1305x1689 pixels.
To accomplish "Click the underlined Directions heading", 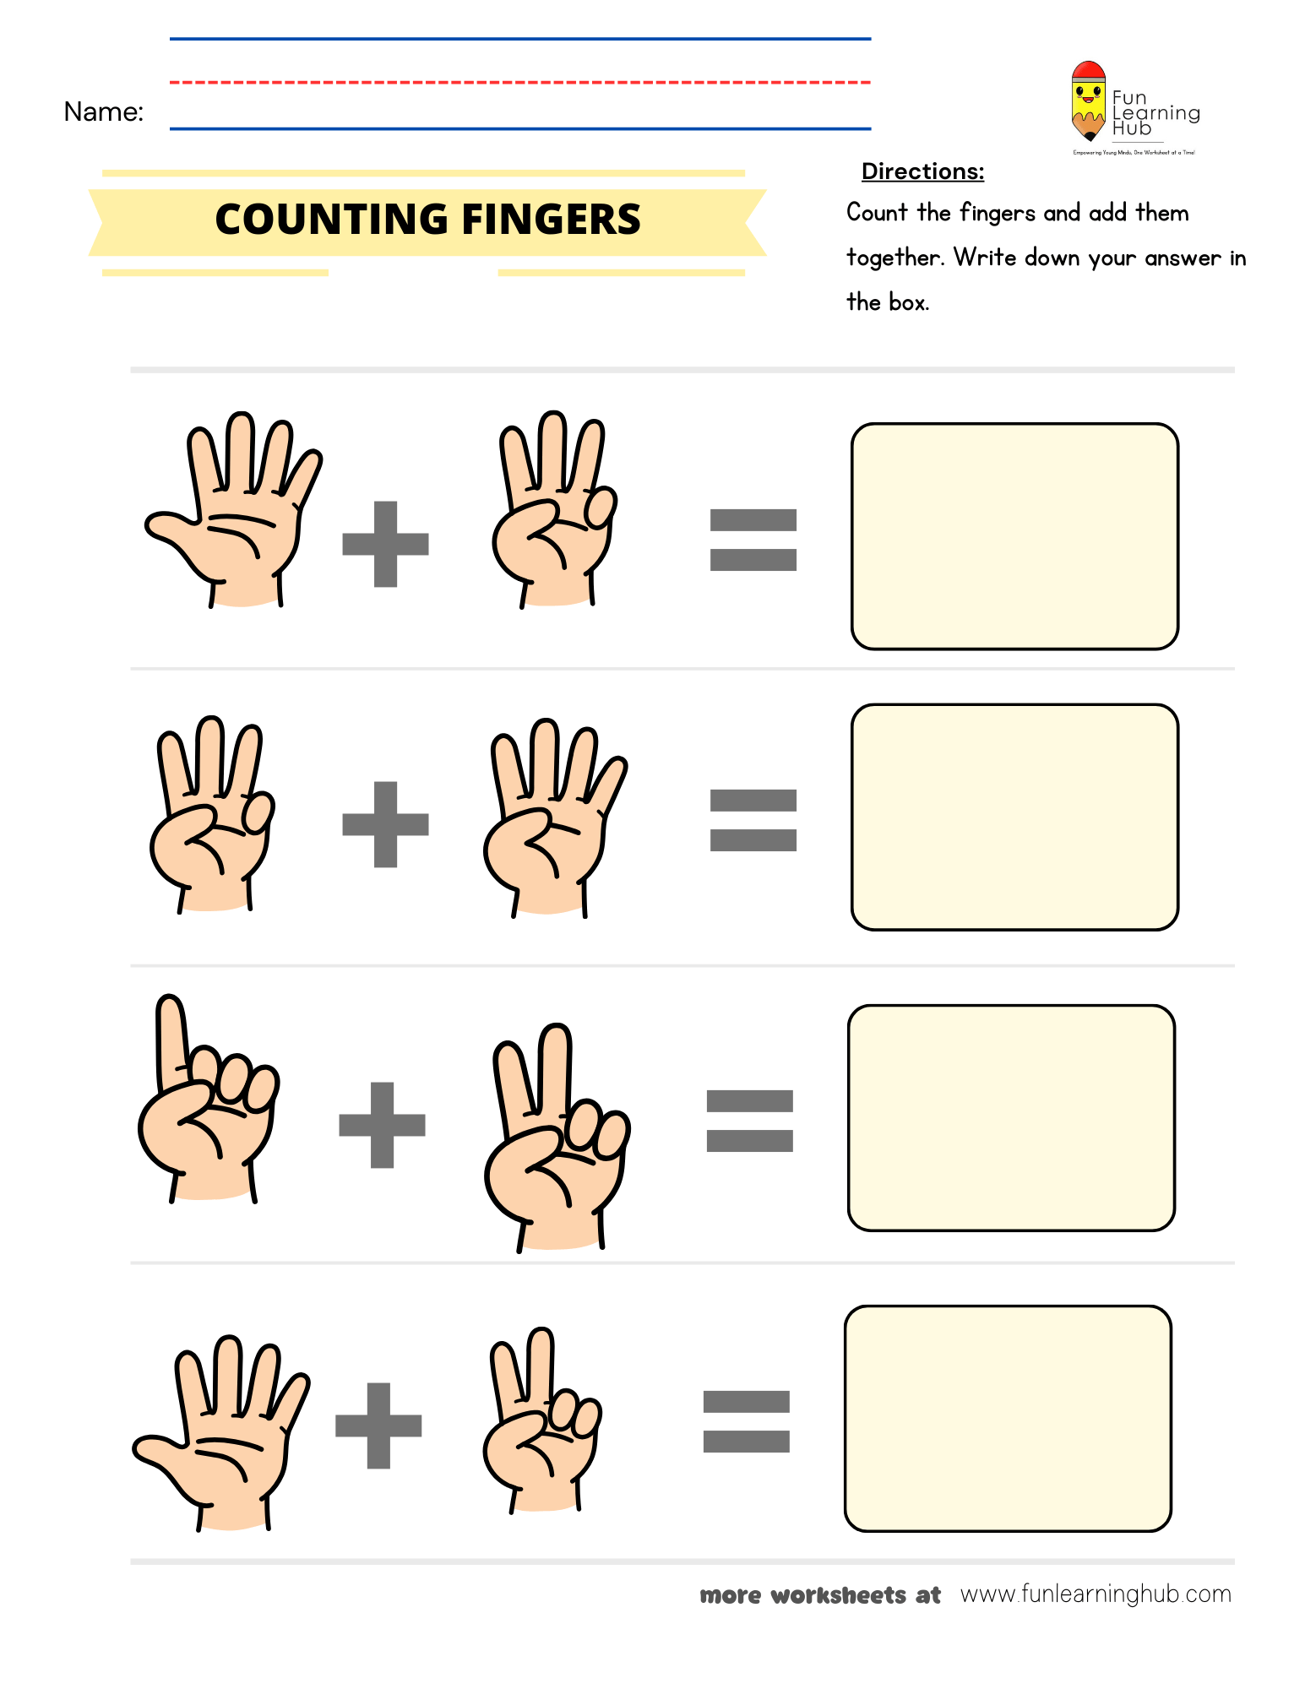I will (x=922, y=171).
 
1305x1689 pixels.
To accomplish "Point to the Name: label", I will (x=103, y=111).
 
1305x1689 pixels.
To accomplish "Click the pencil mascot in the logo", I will (x=1088, y=100).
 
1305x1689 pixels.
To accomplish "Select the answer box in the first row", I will (x=1014, y=536).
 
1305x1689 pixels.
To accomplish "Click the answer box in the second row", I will (x=1014, y=817).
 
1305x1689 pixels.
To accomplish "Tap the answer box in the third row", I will (x=1011, y=1117).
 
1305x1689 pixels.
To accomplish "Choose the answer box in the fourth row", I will (x=1008, y=1418).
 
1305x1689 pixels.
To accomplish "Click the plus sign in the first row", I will (x=385, y=544).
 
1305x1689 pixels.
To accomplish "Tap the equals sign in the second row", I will (x=753, y=820).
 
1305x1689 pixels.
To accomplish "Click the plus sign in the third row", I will (x=382, y=1125).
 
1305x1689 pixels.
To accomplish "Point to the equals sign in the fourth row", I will (x=746, y=1421).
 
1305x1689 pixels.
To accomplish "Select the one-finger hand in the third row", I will (x=204, y=1106).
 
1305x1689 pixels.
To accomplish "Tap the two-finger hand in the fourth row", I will (x=541, y=1427).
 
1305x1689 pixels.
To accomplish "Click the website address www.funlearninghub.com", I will (x=1096, y=1594).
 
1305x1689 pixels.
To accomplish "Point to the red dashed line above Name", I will (x=519, y=83).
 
